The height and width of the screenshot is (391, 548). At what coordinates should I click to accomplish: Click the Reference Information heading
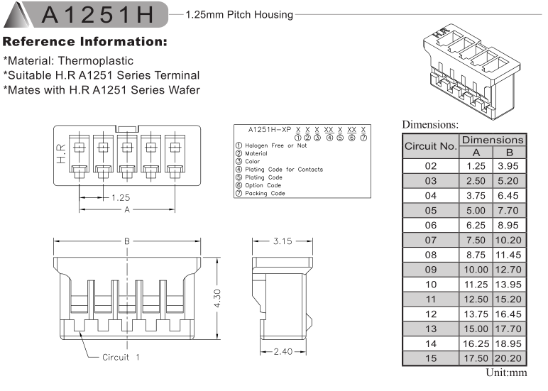tap(85, 42)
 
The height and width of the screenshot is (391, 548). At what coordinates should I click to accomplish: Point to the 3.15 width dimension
tap(283, 241)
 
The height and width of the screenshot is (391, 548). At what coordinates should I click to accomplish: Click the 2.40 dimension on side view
tap(282, 351)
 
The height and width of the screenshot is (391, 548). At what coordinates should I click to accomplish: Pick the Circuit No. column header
tap(430, 147)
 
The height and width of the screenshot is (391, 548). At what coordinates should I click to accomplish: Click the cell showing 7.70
tap(510, 211)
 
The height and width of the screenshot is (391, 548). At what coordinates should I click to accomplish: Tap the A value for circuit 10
tap(476, 284)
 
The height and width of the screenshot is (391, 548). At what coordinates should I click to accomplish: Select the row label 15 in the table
tap(430, 358)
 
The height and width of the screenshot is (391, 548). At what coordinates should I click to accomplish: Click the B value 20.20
tap(510, 358)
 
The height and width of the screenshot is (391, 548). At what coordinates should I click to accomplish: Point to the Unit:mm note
tap(505, 373)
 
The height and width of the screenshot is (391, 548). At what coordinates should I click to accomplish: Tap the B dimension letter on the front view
tap(127, 241)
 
